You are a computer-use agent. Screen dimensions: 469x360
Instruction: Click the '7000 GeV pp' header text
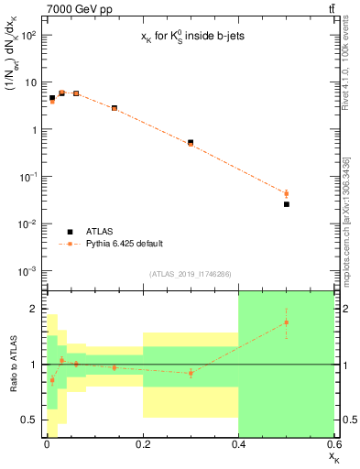point(74,8)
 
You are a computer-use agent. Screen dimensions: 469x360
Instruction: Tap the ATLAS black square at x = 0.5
point(287,204)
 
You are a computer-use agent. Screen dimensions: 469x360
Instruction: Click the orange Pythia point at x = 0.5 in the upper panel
point(287,193)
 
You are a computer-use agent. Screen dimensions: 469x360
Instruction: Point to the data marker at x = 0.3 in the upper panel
point(191,143)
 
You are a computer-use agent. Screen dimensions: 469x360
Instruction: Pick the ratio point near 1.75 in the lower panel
point(287,322)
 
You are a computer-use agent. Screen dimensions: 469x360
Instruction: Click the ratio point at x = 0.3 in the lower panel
point(191,373)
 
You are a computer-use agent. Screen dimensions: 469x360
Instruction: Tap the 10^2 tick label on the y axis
point(28,35)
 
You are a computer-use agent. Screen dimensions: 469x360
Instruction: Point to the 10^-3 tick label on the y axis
point(28,271)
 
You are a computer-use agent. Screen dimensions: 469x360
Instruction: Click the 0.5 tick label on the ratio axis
point(30,420)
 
